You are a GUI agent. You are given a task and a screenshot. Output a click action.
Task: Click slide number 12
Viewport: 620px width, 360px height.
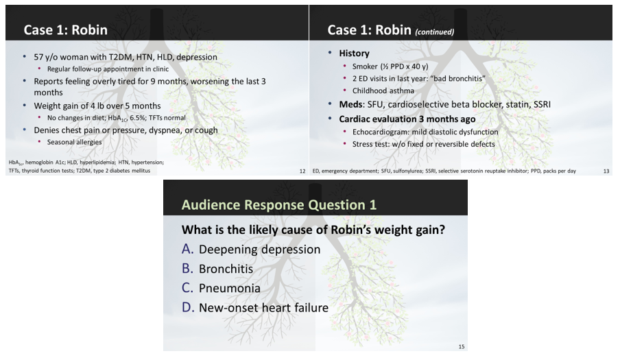(302, 171)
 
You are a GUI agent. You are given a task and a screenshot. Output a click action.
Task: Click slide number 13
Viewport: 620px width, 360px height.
(606, 171)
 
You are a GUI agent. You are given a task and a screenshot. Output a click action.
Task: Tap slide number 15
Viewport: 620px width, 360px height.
(462, 346)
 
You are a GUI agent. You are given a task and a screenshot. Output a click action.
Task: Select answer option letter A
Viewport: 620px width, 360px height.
(187, 249)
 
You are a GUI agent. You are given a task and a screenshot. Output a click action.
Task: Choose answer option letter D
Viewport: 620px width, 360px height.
(188, 308)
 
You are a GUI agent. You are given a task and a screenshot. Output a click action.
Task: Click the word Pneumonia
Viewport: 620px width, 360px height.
(229, 288)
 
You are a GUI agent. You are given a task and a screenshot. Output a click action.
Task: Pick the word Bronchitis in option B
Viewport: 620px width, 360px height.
(226, 269)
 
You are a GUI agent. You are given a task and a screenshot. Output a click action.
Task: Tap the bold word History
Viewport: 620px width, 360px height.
(354, 53)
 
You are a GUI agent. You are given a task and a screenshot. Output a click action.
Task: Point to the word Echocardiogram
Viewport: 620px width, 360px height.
(383, 132)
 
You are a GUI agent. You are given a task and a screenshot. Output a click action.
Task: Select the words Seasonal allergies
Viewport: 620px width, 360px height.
(75, 142)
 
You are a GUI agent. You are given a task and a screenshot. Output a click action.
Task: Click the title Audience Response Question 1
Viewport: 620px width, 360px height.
(278, 204)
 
